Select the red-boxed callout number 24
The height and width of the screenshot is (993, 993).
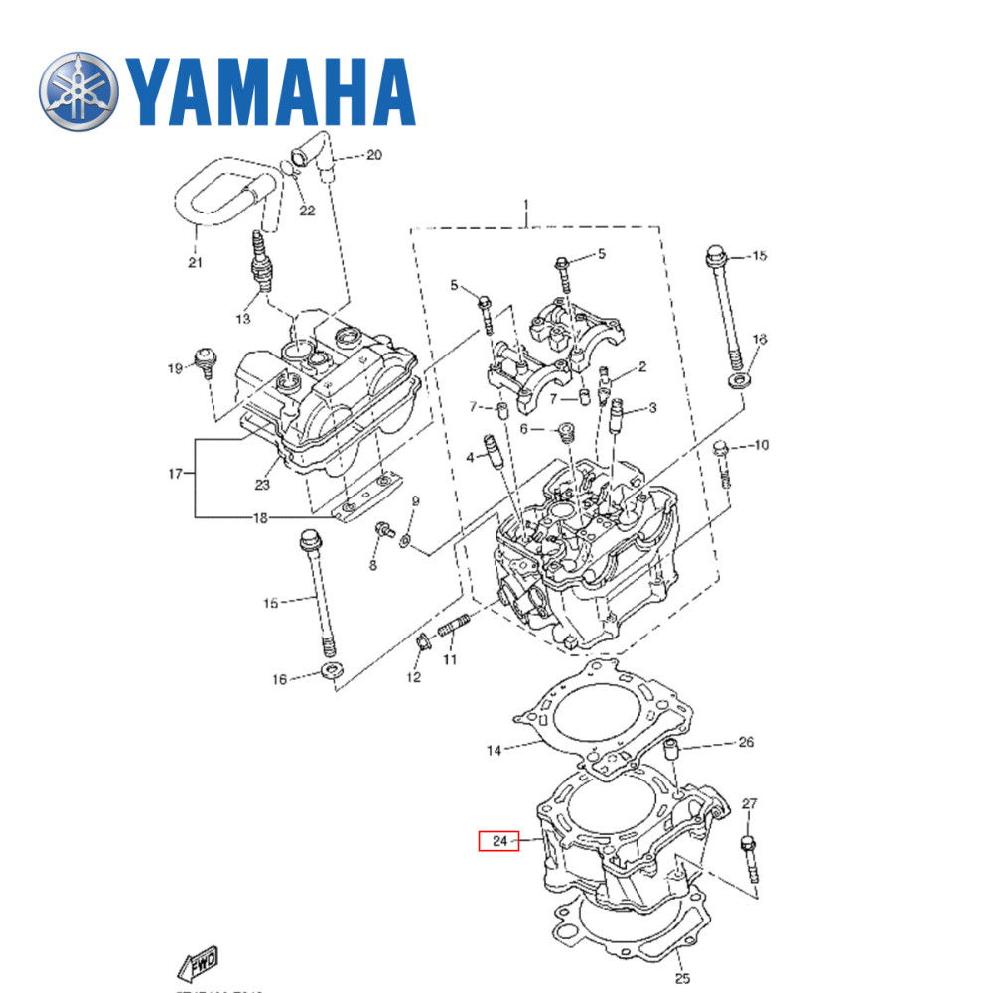click(499, 841)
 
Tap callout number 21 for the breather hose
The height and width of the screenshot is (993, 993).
click(195, 262)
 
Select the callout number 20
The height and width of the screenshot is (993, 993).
click(373, 155)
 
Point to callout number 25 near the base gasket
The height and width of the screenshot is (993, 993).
click(682, 979)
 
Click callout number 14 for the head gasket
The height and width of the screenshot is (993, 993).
click(495, 751)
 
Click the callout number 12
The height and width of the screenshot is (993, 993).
click(413, 677)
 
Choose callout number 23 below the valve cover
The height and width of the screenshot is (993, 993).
click(262, 485)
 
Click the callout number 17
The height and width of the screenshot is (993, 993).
click(176, 474)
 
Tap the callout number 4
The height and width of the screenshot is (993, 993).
click(470, 457)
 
